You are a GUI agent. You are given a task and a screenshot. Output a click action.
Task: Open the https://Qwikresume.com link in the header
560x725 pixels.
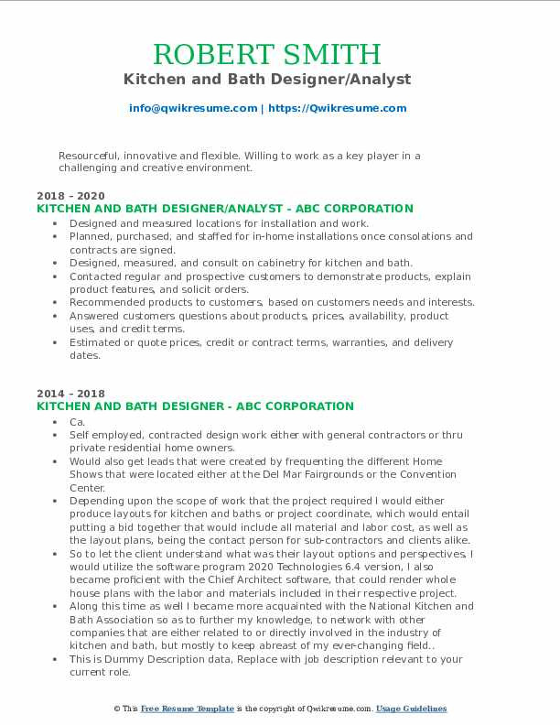click(x=337, y=108)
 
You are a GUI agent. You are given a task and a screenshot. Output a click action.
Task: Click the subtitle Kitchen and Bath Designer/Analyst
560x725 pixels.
click(x=280, y=80)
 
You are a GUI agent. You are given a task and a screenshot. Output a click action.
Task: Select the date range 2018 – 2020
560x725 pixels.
click(x=70, y=196)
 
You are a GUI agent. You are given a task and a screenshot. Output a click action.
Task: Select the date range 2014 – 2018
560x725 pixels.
click(x=70, y=394)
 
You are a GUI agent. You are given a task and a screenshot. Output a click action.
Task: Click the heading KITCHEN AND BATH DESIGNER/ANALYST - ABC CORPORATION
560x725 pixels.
click(x=224, y=209)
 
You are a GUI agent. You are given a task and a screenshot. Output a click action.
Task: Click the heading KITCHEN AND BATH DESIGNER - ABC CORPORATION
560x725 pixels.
click(x=195, y=406)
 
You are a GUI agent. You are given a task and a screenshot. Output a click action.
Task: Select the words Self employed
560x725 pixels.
click(x=102, y=436)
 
